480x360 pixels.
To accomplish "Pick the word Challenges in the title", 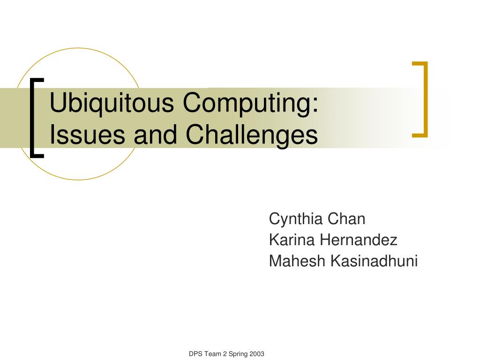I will [x=252, y=135].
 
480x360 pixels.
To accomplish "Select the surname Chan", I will [x=346, y=219].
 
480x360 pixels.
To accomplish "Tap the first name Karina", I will [x=292, y=240].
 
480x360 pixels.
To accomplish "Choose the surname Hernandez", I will [x=359, y=240].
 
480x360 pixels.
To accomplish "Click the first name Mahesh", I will [x=297, y=261].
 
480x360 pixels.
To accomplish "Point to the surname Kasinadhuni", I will [x=374, y=261].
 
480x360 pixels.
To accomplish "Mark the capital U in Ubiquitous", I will [x=58, y=103].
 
